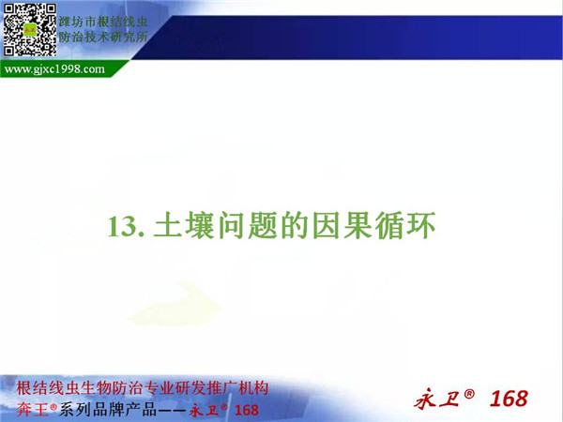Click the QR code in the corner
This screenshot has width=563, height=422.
tap(30, 30)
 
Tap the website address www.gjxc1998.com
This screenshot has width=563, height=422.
tap(54, 68)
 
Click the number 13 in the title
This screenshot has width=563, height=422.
tap(122, 227)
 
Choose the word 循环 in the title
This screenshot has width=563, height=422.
tap(405, 226)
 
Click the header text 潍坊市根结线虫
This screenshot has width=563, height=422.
tap(103, 22)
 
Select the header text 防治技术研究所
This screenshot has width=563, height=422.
tap(103, 37)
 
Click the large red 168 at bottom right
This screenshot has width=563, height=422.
tap(509, 399)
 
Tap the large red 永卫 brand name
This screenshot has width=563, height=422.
tap(436, 399)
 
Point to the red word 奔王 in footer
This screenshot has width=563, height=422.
tap(32, 410)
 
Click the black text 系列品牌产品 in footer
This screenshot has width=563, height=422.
tap(108, 410)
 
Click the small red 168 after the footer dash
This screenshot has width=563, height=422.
tap(246, 410)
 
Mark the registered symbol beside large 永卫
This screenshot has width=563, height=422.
tap(469, 394)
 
